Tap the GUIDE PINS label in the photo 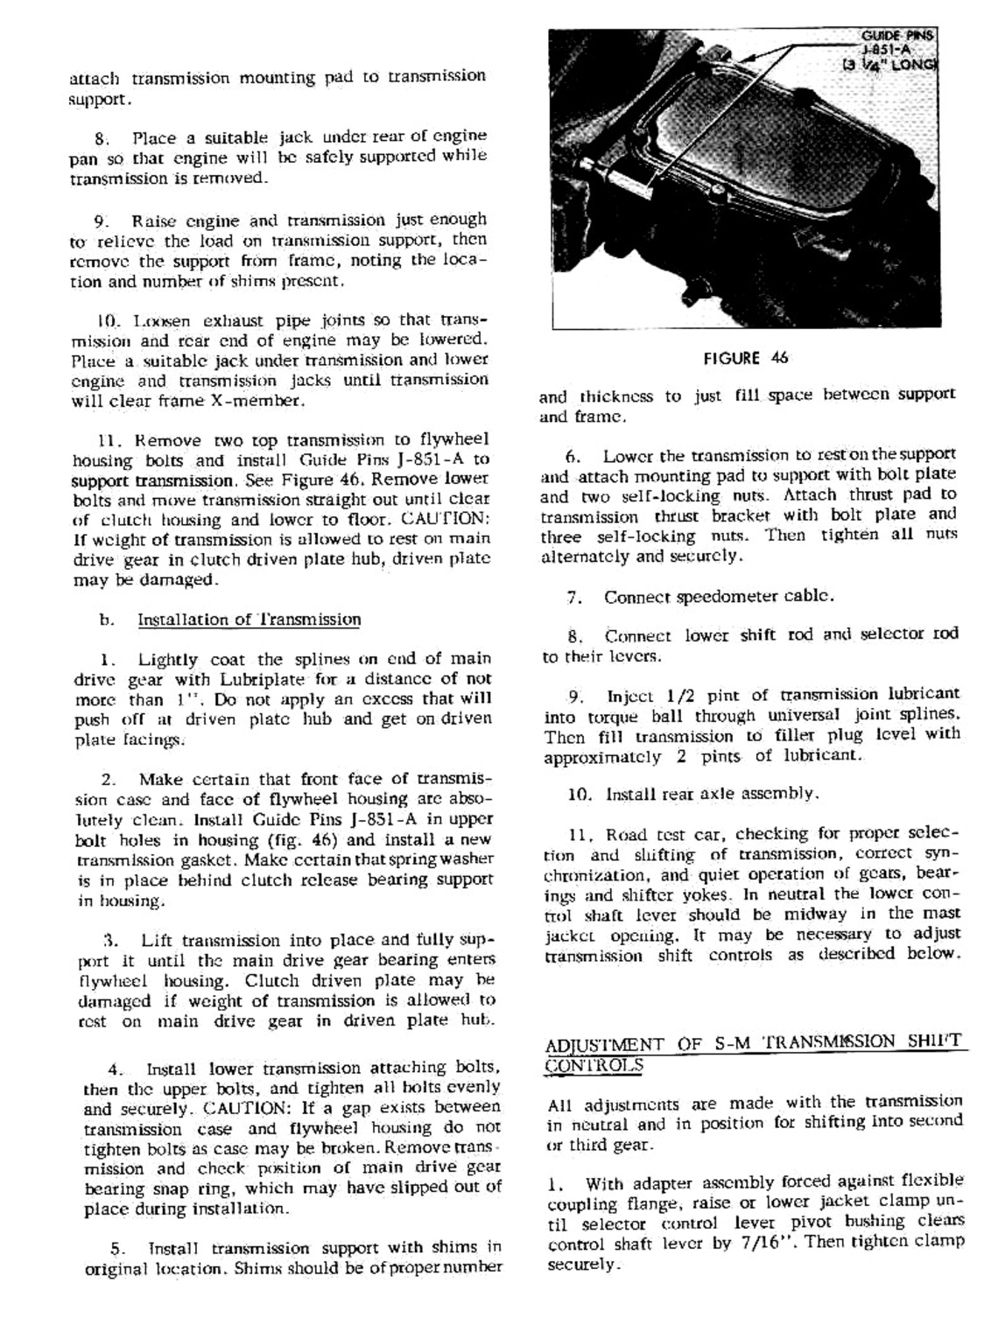[897, 36]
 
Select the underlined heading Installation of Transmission [249, 620]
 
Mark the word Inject [629, 697]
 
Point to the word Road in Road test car [626, 834]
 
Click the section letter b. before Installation [107, 620]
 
